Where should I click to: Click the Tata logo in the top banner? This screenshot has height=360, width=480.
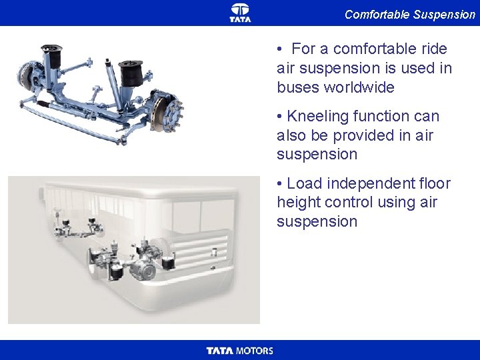click(x=240, y=13)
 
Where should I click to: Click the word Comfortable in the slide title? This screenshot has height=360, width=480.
click(x=377, y=15)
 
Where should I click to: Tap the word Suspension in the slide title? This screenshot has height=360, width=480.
click(x=444, y=15)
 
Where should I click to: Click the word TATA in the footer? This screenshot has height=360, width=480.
click(x=220, y=351)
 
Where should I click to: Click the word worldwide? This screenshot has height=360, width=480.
click(x=359, y=87)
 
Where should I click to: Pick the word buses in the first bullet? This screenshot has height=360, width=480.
click(x=298, y=87)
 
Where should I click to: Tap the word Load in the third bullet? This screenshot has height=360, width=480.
click(x=304, y=184)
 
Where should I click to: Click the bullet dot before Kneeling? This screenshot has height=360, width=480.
click(x=279, y=117)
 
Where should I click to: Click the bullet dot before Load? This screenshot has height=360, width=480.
click(x=279, y=184)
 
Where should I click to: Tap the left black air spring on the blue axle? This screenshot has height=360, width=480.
click(x=53, y=57)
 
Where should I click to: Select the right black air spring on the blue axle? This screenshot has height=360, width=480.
click(x=131, y=73)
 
